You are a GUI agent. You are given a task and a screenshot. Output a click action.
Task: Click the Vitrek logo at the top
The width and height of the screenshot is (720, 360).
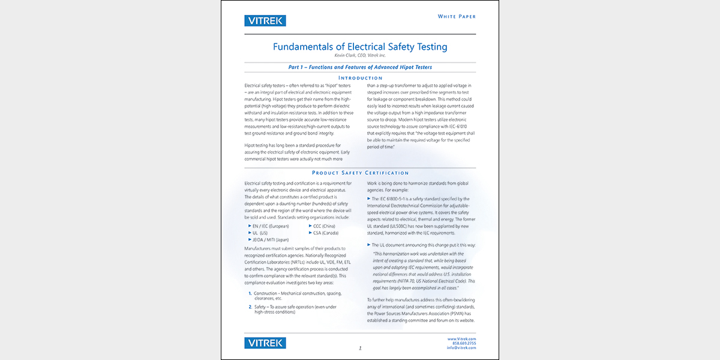click(265, 21)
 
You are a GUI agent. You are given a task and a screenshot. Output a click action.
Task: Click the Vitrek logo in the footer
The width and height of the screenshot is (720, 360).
click(265, 343)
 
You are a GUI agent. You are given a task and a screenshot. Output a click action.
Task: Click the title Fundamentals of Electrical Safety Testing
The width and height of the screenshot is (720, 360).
click(360, 47)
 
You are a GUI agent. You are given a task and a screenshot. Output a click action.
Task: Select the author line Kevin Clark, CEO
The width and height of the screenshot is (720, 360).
click(360, 56)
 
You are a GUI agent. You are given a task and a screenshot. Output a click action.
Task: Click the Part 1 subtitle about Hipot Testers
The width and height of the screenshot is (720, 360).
click(360, 67)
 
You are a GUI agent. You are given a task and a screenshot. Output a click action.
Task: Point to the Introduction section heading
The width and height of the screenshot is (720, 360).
click(360, 78)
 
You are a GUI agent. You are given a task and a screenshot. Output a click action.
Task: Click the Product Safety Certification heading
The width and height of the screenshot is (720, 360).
click(360, 173)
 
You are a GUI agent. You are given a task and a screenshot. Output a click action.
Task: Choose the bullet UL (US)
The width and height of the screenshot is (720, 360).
click(262, 233)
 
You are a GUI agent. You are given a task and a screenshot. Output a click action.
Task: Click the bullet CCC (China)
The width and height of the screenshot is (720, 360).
click(324, 226)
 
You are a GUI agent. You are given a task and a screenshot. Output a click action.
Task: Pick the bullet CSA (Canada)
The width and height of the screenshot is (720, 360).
click(325, 233)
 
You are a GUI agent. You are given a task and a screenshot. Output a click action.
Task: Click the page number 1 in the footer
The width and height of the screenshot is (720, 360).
click(360, 348)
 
